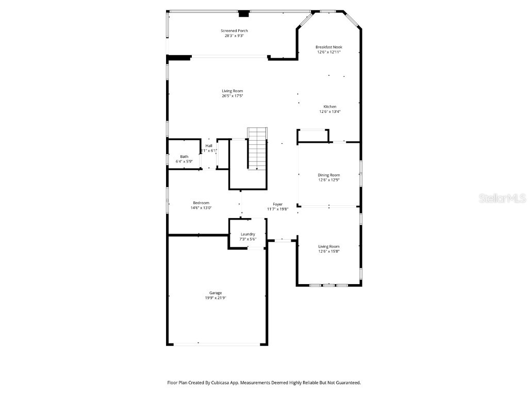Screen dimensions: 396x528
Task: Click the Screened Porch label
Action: [x=234, y=31]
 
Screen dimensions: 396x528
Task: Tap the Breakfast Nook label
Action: [x=329, y=47]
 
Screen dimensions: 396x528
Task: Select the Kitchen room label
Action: [x=329, y=107]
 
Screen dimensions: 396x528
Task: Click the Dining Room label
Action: [x=328, y=175]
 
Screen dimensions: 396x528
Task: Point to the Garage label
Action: [x=215, y=293]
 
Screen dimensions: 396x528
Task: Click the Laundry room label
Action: [x=247, y=234]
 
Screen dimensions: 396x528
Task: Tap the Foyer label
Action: [x=277, y=204]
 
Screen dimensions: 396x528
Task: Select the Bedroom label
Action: [x=201, y=203]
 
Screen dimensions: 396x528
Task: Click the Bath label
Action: [x=184, y=157]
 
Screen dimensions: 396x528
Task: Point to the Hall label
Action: [x=208, y=146]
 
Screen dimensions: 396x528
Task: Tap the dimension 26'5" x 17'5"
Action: [x=232, y=96]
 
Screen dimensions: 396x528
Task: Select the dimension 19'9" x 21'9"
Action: [x=215, y=298]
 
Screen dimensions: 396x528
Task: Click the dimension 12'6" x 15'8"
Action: [x=328, y=252]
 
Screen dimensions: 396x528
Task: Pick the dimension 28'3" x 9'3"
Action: [x=234, y=36]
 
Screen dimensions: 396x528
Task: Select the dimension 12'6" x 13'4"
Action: [x=329, y=112]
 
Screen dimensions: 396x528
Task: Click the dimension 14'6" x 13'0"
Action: [x=201, y=208]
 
